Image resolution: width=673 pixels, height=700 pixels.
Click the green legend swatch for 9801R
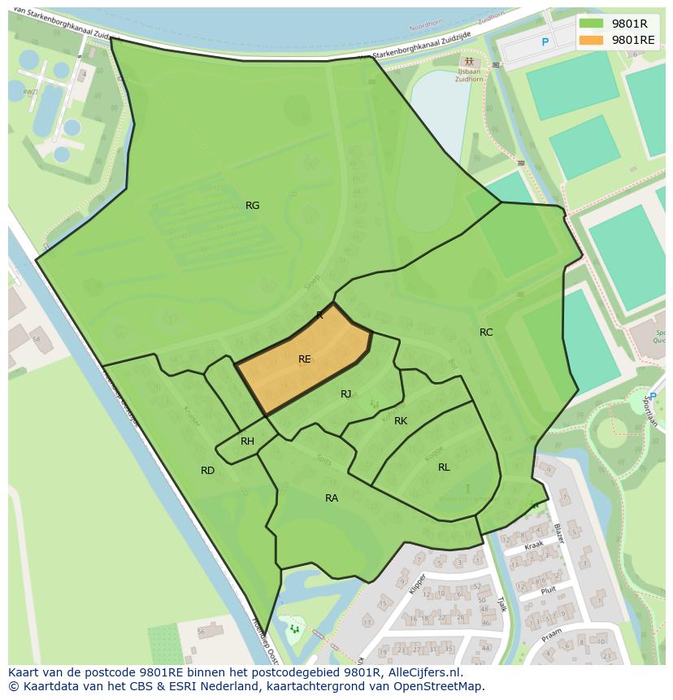point(591,24)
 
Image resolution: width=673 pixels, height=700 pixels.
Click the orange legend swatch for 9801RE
point(591,40)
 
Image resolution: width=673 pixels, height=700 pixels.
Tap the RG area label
point(253,206)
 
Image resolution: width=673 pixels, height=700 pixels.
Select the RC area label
point(486,333)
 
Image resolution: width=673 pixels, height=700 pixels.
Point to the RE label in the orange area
point(305,359)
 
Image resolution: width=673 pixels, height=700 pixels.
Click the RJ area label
point(346,394)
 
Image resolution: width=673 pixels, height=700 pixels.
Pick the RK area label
point(401,421)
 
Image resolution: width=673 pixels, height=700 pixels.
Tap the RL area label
point(444,467)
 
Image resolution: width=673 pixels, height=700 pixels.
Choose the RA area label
point(332,498)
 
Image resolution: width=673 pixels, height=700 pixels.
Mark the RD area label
point(207,471)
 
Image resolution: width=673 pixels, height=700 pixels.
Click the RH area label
point(248,441)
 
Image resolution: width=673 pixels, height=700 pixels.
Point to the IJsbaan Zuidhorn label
point(470,73)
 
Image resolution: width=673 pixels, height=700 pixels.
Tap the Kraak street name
point(533,546)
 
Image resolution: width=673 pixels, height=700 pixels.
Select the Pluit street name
point(548,591)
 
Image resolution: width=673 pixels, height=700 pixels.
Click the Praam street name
point(552,631)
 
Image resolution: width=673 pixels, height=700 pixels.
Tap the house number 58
point(36,338)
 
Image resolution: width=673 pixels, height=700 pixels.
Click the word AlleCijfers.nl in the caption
point(423,673)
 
